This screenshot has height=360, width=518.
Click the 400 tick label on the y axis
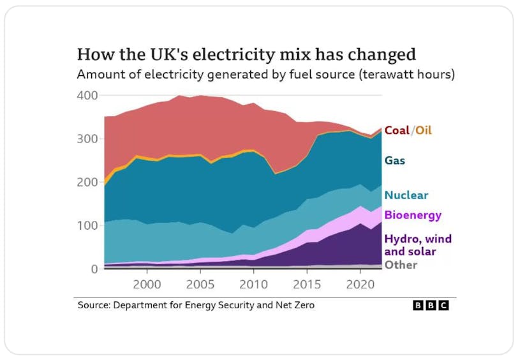click(88, 96)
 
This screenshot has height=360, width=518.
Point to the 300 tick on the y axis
click(88, 139)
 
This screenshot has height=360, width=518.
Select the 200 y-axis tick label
click(88, 183)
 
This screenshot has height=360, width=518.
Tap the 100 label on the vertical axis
click(88, 226)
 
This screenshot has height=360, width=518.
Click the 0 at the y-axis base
click(94, 269)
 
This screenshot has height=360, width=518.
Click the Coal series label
click(397, 130)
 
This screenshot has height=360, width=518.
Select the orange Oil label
click(424, 130)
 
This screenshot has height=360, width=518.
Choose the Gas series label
click(395, 160)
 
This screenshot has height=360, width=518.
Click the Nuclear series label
click(406, 195)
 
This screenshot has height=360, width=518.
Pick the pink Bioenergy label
click(413, 215)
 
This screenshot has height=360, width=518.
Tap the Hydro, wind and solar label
click(418, 245)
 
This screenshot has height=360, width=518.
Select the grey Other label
click(401, 265)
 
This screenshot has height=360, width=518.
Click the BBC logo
click(431, 306)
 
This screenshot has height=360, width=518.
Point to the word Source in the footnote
click(93, 306)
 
